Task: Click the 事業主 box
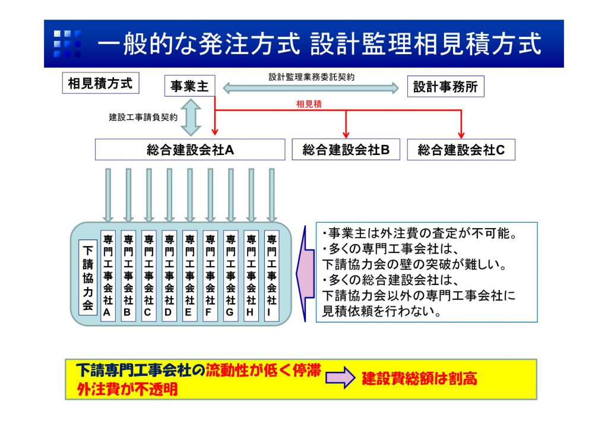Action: tap(189, 87)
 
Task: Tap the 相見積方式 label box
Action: tap(100, 84)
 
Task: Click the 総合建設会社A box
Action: tap(191, 150)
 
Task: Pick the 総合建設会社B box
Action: tap(346, 150)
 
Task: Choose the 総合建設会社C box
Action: tap(461, 150)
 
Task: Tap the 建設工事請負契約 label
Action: tap(142, 117)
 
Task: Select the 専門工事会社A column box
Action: tap(107, 276)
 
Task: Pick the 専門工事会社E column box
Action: tap(189, 276)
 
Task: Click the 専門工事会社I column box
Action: tap(271, 276)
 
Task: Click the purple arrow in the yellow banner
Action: tap(340, 378)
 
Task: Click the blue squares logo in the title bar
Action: tap(67, 44)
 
